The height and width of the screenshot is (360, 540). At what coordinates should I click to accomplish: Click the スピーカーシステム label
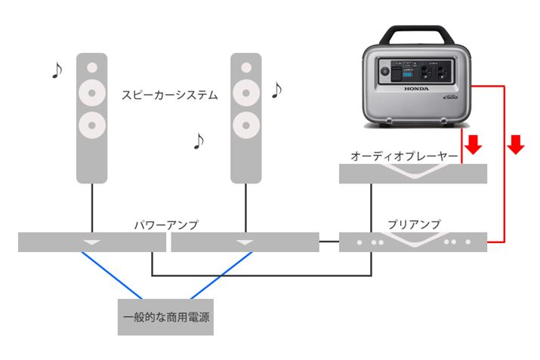click(170, 95)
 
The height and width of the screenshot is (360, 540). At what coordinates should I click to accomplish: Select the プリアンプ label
click(414, 224)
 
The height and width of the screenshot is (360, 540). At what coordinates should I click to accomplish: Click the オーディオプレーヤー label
click(404, 155)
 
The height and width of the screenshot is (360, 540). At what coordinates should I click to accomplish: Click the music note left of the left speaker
click(56, 70)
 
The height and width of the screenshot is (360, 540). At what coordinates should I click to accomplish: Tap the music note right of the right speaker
click(276, 90)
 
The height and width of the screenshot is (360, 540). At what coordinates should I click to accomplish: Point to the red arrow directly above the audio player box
click(474, 144)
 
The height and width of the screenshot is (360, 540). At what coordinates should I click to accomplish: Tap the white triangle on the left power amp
click(91, 242)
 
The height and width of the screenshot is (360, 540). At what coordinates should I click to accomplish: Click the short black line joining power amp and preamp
click(329, 242)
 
